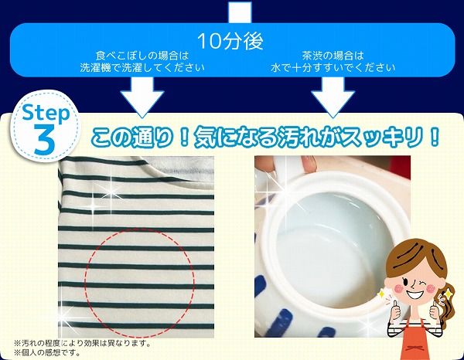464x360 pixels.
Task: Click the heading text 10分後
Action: coord(230,41)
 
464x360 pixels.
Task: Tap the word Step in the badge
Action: coord(46,113)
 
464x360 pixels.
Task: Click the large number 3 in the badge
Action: coord(45,139)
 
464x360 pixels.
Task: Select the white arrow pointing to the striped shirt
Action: coord(142,97)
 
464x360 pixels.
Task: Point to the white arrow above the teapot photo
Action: coord(333,97)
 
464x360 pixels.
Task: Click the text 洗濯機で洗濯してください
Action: coord(142,68)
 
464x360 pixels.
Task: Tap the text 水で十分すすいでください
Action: coord(333,68)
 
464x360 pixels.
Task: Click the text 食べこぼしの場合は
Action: coord(142,56)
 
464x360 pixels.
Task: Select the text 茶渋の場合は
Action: coord(333,56)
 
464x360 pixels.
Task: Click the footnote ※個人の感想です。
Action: coord(47,352)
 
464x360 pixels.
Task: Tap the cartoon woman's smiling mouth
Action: coord(414,294)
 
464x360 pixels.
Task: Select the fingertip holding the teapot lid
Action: coord(309,165)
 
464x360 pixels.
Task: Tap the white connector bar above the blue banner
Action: coord(240,12)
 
